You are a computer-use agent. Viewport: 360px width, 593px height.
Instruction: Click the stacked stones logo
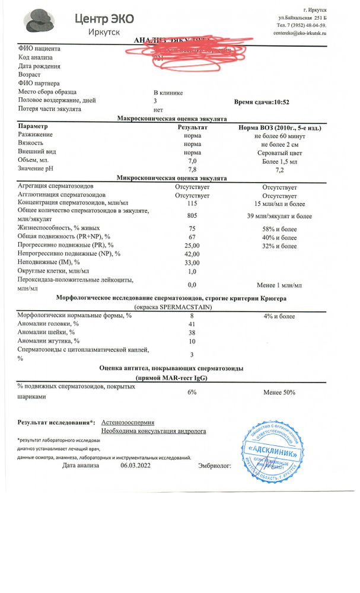(x=39, y=22)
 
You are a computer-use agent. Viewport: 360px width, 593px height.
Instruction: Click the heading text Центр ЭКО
(x=104, y=18)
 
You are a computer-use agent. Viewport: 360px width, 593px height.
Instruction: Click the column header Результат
(x=193, y=127)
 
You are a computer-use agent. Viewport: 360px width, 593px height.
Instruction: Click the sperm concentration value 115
(x=192, y=203)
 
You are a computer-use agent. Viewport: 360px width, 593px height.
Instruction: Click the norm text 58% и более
(x=279, y=228)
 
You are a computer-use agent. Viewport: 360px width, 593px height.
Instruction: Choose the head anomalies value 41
(x=192, y=324)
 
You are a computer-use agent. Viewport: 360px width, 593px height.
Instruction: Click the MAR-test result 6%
(x=192, y=393)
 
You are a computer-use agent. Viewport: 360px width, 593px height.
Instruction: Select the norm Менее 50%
(x=279, y=393)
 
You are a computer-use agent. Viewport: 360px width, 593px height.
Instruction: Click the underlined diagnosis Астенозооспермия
(x=128, y=422)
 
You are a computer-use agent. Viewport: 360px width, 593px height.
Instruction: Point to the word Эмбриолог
(x=214, y=467)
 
